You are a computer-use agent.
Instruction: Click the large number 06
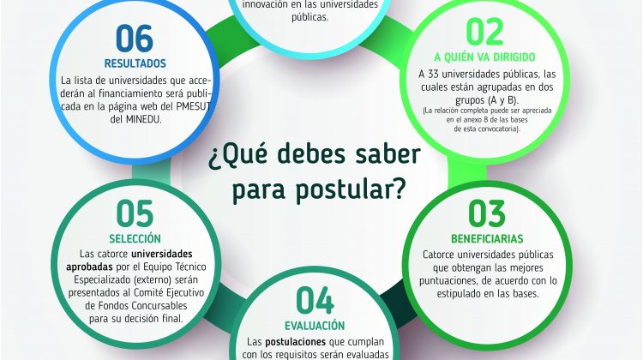click(135, 38)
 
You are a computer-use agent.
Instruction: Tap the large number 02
click(484, 32)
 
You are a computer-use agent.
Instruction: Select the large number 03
click(487, 213)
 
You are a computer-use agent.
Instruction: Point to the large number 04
click(315, 300)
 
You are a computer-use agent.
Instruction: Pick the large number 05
click(135, 213)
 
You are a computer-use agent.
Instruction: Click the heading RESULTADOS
click(135, 63)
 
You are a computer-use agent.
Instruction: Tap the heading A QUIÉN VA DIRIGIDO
click(484, 57)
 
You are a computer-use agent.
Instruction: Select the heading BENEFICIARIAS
click(487, 238)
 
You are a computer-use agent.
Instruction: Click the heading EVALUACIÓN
click(315, 326)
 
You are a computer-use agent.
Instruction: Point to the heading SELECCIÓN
click(135, 238)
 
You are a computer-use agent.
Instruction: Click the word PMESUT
click(194, 106)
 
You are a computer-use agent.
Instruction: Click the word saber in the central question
click(381, 154)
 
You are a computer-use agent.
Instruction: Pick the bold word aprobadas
click(89, 267)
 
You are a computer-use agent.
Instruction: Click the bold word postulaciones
click(295, 341)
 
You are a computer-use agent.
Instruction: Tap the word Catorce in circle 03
click(439, 255)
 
